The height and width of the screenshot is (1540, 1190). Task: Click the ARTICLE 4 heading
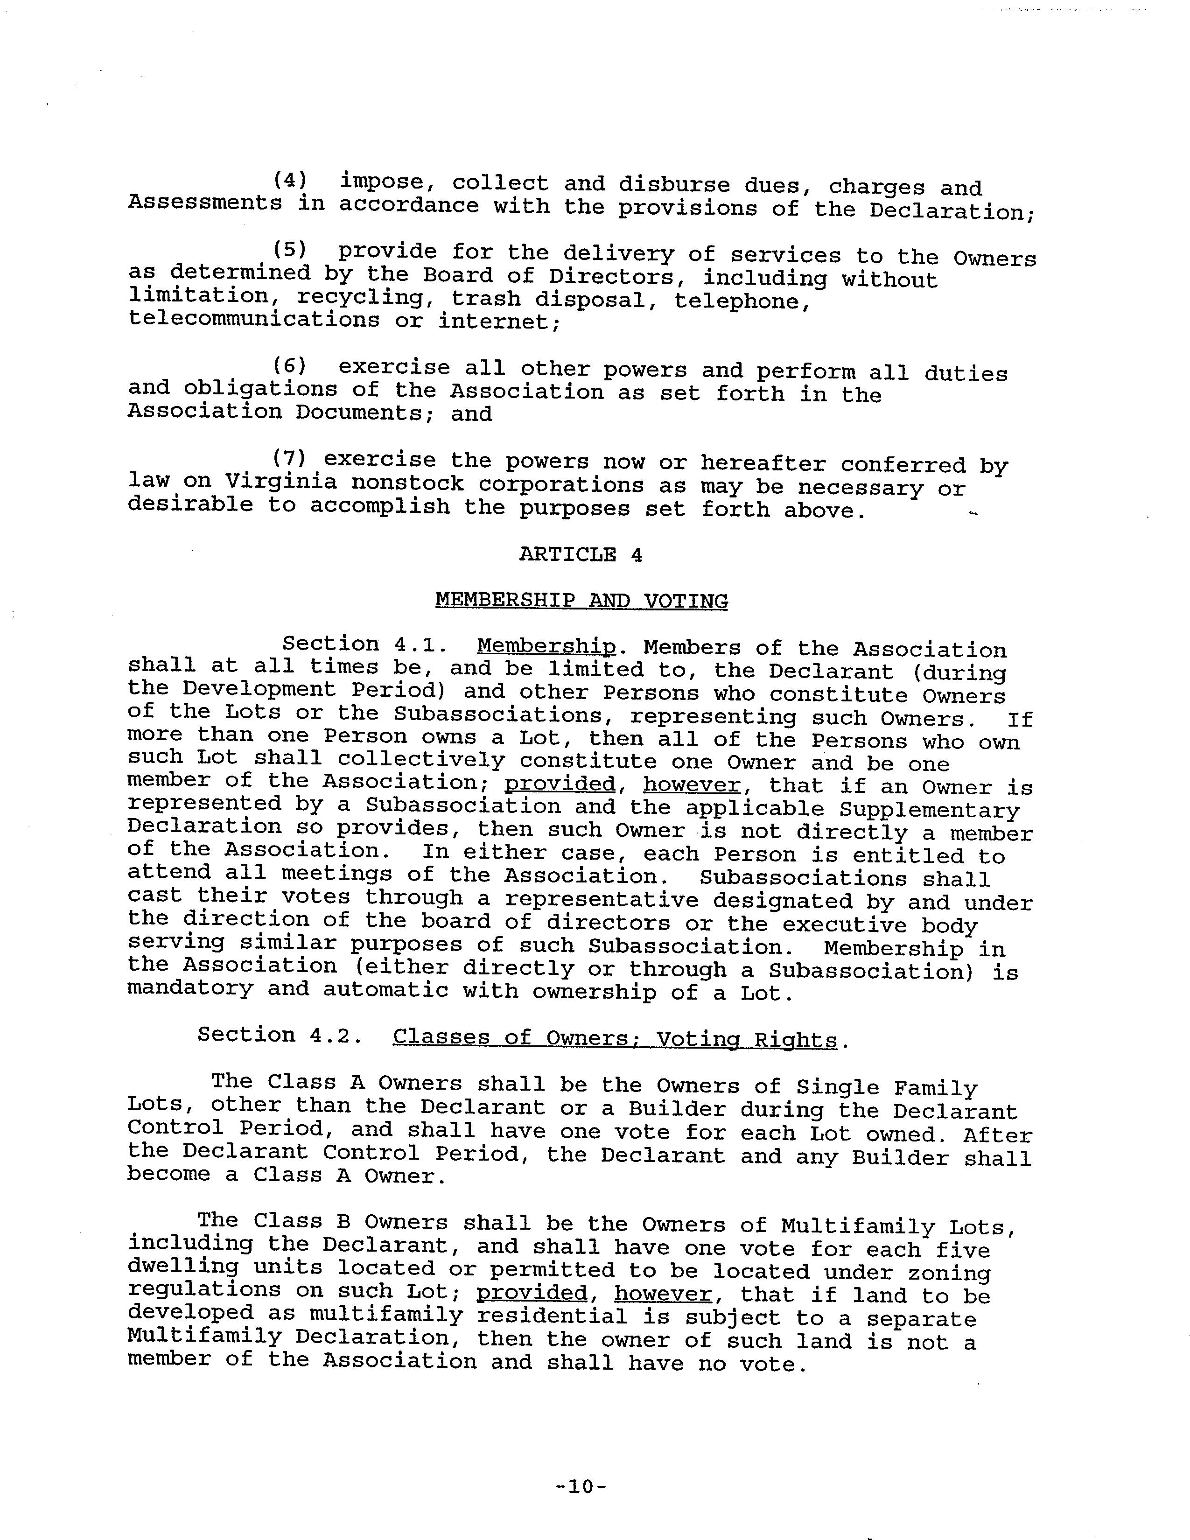click(581, 554)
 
